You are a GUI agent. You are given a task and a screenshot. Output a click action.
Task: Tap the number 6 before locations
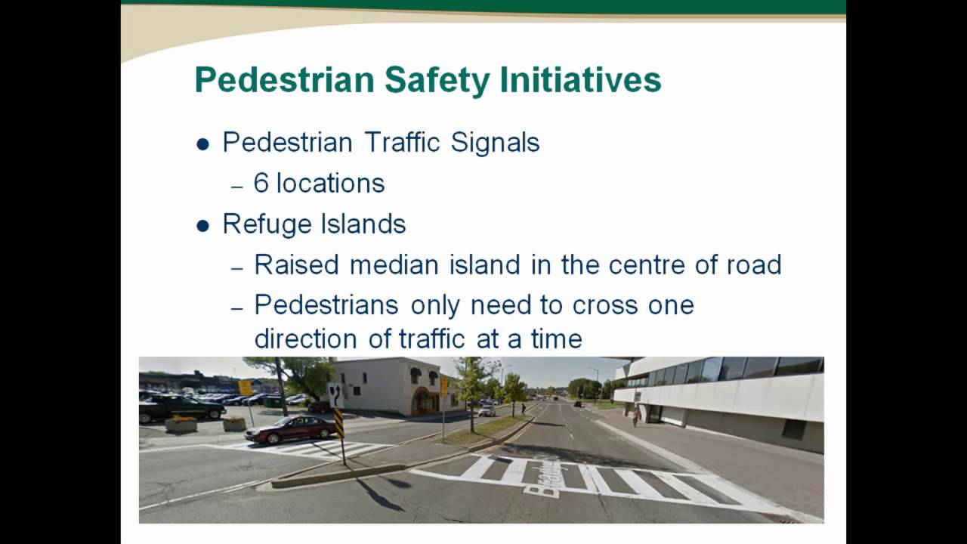(261, 184)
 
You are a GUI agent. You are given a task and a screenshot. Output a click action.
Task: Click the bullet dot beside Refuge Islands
(202, 225)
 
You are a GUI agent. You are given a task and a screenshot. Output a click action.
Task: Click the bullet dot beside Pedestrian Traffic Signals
(202, 144)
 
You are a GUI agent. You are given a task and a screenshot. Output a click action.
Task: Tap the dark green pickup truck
(182, 407)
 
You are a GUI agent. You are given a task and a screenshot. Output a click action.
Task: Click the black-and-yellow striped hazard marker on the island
(339, 424)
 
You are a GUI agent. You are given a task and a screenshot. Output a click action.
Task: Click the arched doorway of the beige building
(425, 400)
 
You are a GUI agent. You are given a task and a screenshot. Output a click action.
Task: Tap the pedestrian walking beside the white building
(635, 413)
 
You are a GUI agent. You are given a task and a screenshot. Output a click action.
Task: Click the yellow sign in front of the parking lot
(245, 388)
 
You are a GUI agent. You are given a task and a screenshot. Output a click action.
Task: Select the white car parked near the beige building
(487, 410)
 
